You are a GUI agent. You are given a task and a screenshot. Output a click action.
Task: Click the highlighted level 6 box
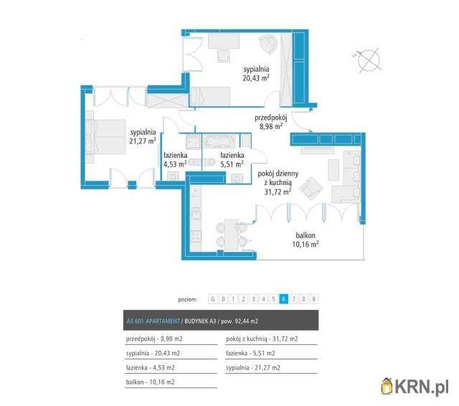pyautogui.click(x=283, y=299)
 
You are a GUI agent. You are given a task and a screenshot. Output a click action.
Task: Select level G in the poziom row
pyautogui.click(x=213, y=299)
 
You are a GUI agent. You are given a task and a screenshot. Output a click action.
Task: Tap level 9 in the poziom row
pyautogui.click(x=313, y=299)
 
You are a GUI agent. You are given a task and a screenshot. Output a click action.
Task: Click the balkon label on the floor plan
pyautogui.click(x=306, y=235)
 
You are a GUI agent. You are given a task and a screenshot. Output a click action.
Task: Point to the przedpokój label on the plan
pyautogui.click(x=271, y=118)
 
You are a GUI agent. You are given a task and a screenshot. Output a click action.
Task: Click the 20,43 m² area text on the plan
pyautogui.click(x=256, y=78)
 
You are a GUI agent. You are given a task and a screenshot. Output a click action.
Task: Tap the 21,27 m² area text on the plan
pyautogui.click(x=143, y=141)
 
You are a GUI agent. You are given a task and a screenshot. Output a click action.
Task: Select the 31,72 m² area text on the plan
pyautogui.click(x=278, y=192)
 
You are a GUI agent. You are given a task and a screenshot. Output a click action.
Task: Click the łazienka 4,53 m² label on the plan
pyautogui.click(x=175, y=160)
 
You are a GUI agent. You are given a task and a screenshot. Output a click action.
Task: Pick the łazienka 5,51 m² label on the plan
pyautogui.click(x=232, y=160)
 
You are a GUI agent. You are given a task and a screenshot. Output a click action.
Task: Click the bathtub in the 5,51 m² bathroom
pyautogui.click(x=219, y=142)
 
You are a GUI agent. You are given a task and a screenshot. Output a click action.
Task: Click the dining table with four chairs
pyautogui.click(x=232, y=234)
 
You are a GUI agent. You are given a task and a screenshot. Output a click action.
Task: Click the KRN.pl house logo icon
pyautogui.click(x=387, y=387)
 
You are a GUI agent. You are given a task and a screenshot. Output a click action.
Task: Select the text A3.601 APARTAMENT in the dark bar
pyautogui.click(x=153, y=321)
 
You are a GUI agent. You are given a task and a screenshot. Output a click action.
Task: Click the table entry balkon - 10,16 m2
pyautogui.click(x=150, y=382)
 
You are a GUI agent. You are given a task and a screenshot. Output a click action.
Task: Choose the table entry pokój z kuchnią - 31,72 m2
pyautogui.click(x=262, y=339)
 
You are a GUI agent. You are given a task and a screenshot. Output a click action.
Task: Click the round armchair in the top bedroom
pyautogui.click(x=269, y=43)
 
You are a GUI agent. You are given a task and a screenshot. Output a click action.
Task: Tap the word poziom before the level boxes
pyautogui.click(x=188, y=299)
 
